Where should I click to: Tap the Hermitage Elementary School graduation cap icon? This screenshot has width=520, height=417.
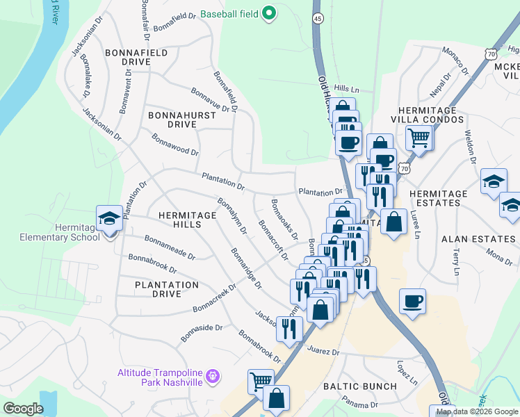pos(109,220)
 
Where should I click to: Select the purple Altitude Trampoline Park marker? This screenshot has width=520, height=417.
pos(213,377)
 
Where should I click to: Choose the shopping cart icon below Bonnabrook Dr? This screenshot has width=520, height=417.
pos(261,381)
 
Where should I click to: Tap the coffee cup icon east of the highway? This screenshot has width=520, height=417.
pos(413,301)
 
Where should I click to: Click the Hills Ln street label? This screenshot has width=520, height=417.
pos(346,89)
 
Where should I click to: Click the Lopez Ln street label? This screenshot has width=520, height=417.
pos(407,373)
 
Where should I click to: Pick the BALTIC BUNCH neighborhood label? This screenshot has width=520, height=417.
pos(359,386)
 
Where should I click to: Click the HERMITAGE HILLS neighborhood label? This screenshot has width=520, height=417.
pos(187,215)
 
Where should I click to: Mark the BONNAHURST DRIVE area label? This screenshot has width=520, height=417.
pos(173,119)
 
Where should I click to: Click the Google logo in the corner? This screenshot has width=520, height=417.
pos(23,409)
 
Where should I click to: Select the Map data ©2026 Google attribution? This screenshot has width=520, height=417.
pos(476,412)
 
